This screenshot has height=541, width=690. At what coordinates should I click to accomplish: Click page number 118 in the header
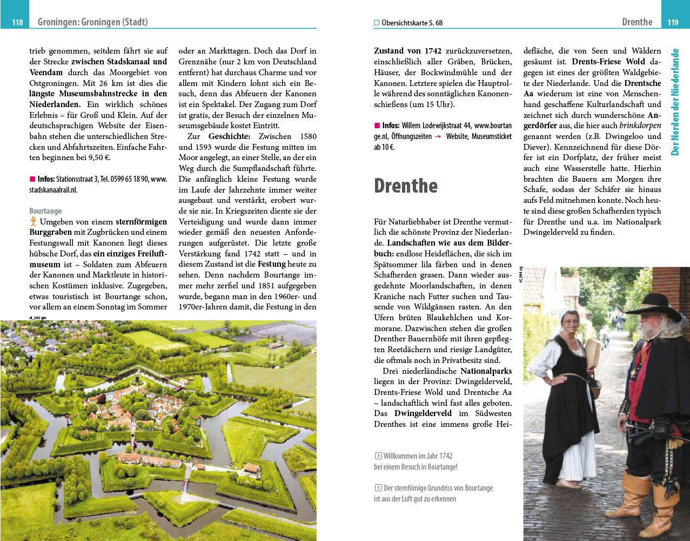tap(17, 22)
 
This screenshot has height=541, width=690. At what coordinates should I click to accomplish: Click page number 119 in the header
tap(672, 22)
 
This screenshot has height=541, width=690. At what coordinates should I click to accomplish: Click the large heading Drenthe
tap(406, 186)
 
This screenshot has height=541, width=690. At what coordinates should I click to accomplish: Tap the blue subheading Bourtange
tap(45, 211)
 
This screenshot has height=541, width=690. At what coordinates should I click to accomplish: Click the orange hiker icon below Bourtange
tap(33, 222)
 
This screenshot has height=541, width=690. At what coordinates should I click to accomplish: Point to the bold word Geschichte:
tap(230, 136)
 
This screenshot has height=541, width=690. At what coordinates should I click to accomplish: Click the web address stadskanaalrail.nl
tap(53, 190)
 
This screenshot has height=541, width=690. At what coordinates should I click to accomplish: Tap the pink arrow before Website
tap(439, 137)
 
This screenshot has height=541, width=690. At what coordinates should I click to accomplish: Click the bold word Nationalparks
tap(486, 371)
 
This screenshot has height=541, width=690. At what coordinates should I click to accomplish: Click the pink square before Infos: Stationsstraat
tap(32, 179)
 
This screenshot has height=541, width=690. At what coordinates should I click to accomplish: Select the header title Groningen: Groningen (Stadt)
tap(92, 22)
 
